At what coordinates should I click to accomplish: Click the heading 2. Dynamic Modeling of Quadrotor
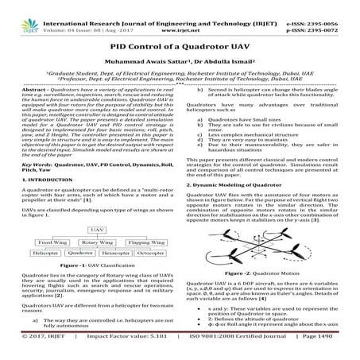click(235, 184)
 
